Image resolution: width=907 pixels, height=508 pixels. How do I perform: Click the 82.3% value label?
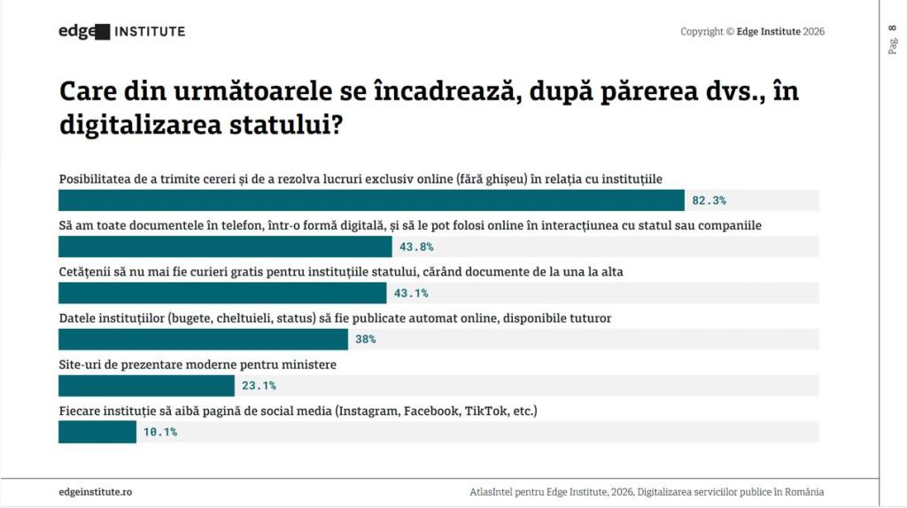709,200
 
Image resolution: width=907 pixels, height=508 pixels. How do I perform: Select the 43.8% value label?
416,246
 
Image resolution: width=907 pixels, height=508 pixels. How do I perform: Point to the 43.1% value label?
411,293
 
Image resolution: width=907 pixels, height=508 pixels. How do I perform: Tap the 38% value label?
366,339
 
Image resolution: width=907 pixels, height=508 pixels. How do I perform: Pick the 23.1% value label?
259,386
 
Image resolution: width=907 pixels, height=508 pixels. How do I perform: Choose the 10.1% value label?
160,432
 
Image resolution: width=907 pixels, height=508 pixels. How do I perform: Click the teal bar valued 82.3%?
371,200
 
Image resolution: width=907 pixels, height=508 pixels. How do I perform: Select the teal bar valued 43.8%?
225,246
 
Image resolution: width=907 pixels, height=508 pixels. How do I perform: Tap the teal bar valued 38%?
203,339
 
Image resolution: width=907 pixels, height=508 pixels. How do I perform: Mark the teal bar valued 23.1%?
146,386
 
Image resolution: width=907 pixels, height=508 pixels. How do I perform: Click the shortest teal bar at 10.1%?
97,432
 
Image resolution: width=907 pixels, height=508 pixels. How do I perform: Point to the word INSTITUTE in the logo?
150,32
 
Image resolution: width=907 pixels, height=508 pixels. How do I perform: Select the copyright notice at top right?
752,32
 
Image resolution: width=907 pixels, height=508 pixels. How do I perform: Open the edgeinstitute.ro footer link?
96,491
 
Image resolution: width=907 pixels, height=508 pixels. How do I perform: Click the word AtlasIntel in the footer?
494,491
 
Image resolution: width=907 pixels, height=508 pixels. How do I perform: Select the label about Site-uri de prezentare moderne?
198,364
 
